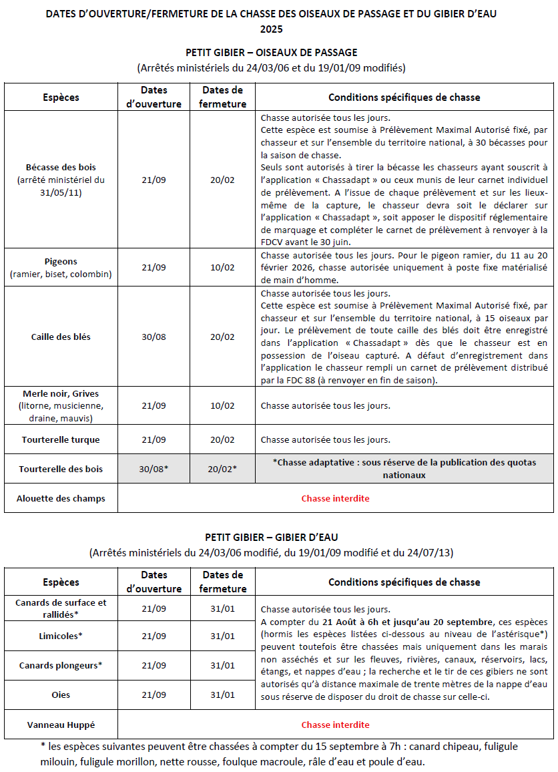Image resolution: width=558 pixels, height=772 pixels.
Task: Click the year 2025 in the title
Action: pyautogui.click(x=272, y=29)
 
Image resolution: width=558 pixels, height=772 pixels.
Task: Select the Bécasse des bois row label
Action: pyautogui.click(x=61, y=167)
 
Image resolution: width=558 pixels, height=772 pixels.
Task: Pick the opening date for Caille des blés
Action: pyautogui.click(x=154, y=337)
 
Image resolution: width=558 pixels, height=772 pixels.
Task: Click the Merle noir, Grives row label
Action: pyautogui.click(x=61, y=394)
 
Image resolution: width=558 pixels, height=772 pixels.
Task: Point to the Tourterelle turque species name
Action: pyautogui.click(x=61, y=439)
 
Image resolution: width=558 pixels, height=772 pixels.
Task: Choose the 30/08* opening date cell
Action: pyautogui.click(x=154, y=469)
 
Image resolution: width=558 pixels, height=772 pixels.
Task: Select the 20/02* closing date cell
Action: pyautogui.click(x=222, y=469)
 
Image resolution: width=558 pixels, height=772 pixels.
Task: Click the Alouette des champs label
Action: pyautogui.click(x=61, y=498)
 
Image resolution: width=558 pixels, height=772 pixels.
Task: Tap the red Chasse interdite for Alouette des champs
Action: pyautogui.click(x=335, y=498)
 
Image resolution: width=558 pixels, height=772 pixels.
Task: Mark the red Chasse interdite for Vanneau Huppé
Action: pyautogui.click(x=335, y=725)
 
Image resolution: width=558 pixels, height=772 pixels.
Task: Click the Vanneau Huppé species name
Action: pyautogui.click(x=61, y=725)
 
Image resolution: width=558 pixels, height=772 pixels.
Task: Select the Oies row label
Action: pyautogui.click(x=61, y=695)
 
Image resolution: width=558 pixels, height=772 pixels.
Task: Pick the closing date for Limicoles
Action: pyautogui.click(x=222, y=636)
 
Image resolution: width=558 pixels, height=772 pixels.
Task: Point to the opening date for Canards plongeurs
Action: pyautogui.click(x=154, y=665)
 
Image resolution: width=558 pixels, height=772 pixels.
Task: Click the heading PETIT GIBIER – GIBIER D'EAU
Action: pyautogui.click(x=272, y=537)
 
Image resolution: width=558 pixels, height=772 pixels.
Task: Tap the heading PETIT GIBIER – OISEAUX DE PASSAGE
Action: pyautogui.click(x=272, y=53)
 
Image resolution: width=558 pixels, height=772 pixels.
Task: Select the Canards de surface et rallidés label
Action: pyautogui.click(x=61, y=608)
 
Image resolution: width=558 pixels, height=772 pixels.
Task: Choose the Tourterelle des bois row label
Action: pyautogui.click(x=61, y=469)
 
